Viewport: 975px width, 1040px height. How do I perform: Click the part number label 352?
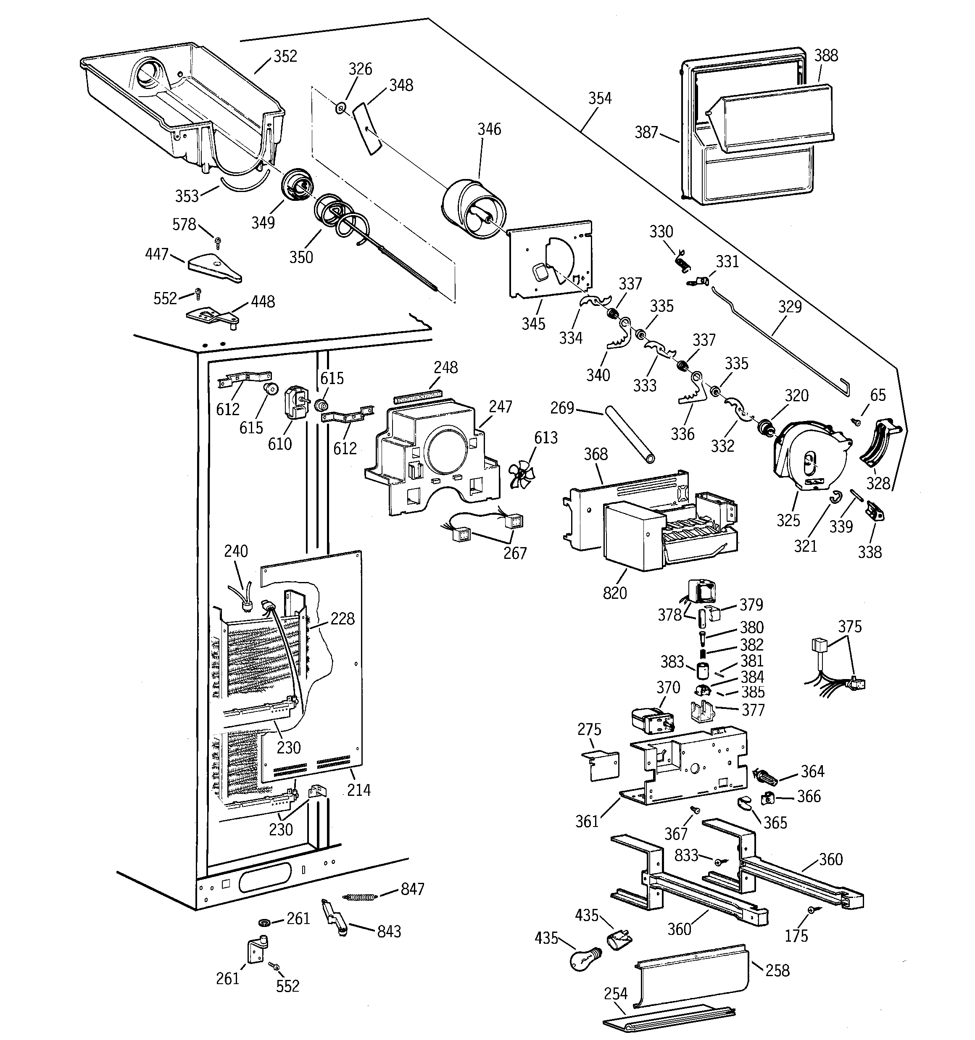point(285,56)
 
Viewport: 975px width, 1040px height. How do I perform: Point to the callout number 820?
point(614,593)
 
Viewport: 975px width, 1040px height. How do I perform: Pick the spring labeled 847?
point(361,897)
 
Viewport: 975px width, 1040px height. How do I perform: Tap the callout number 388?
point(826,56)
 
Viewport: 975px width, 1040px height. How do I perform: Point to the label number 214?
point(358,790)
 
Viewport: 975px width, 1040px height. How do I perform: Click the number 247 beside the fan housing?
point(501,406)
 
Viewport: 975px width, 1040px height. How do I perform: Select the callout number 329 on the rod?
point(789,307)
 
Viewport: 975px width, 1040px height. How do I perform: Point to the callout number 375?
point(849,626)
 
